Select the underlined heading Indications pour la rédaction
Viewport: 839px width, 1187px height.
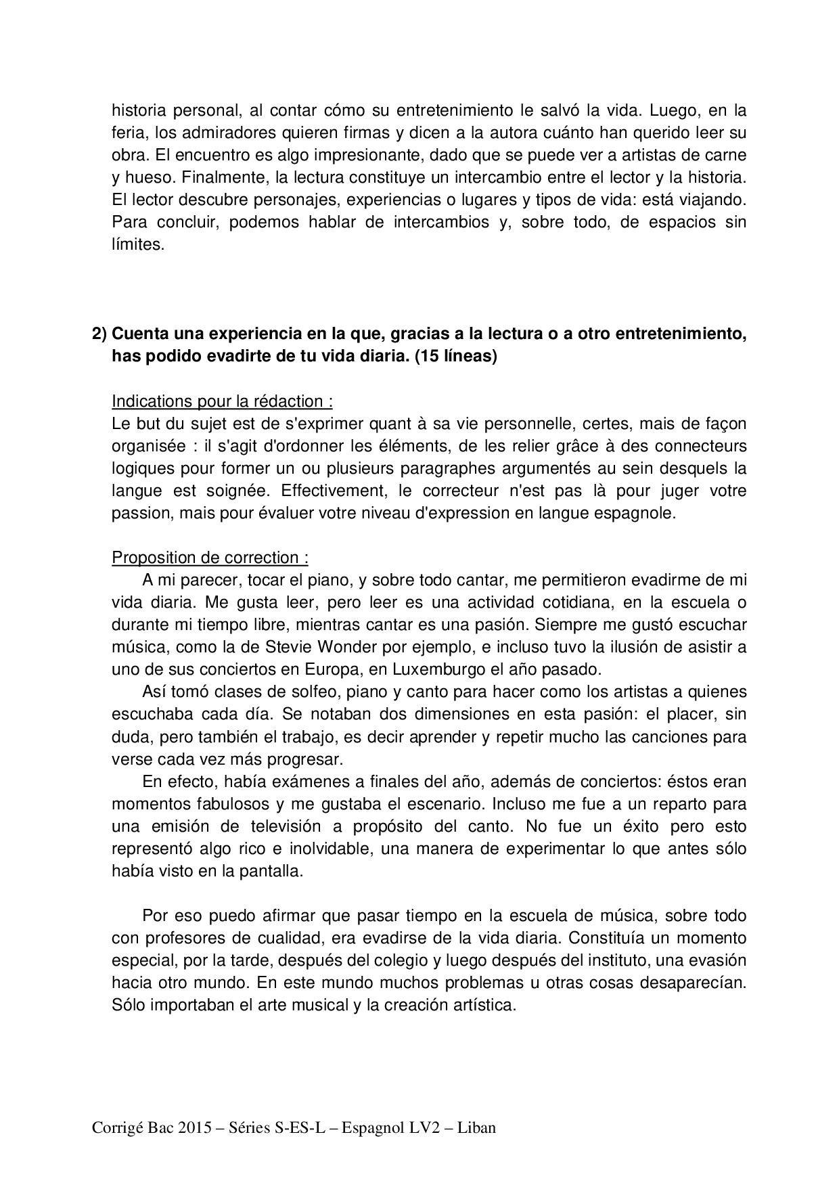tap(221, 401)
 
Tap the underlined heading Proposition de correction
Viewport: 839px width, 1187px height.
tap(210, 558)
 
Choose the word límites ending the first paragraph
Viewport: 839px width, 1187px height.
tap(137, 244)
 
